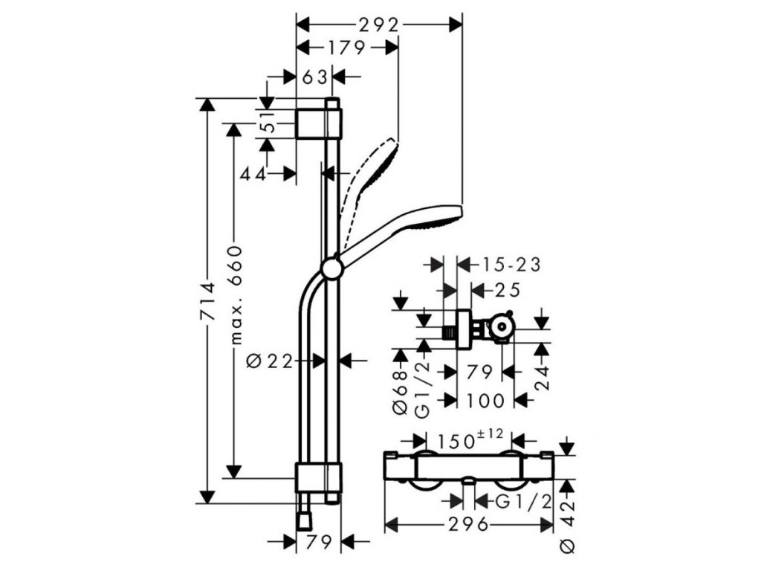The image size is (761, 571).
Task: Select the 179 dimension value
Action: pos(346,49)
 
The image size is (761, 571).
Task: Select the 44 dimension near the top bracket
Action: pos(254,174)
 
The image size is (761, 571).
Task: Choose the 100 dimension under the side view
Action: pos(487,401)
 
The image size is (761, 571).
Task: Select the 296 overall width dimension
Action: pos(468,525)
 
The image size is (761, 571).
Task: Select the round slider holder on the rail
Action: pos(331,268)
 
